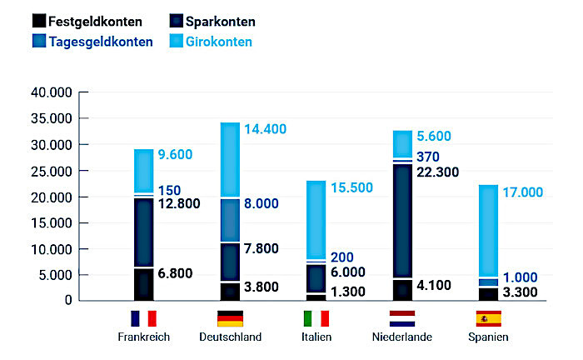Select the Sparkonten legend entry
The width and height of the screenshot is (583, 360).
coord(212,21)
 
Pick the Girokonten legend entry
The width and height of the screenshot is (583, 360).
coord(212,42)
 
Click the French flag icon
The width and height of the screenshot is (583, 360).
coord(143,318)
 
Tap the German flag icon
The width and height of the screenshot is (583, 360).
coord(230,318)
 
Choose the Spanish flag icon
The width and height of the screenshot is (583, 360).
coord(488,318)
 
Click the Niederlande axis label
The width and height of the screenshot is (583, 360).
coord(402,337)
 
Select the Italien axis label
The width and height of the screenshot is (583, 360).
coord(316,337)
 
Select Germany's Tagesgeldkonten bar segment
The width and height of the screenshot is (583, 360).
coord(230,221)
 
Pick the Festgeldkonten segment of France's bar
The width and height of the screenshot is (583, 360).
coord(143,284)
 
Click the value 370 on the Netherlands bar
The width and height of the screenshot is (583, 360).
coord(428,157)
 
